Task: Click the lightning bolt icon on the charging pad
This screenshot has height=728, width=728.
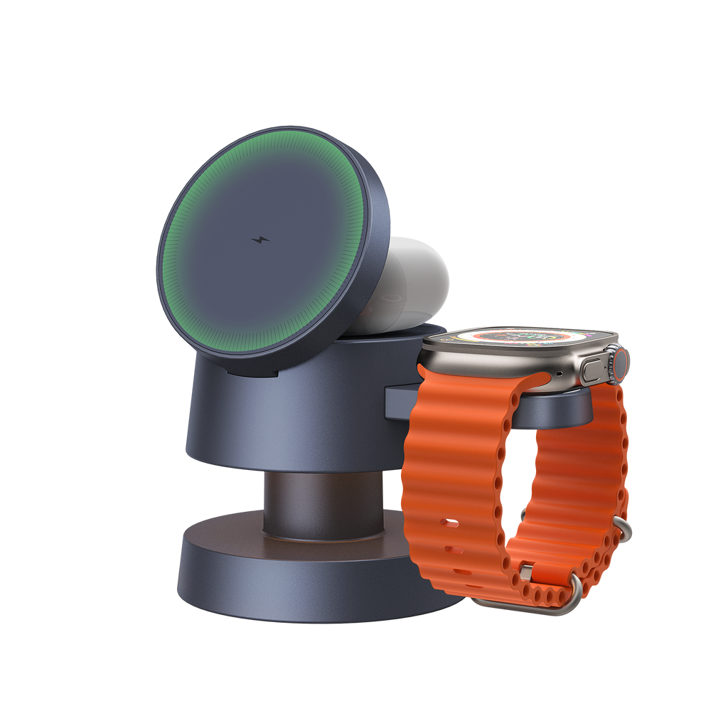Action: tap(261, 241)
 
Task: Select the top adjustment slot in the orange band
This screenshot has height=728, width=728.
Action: tap(449, 524)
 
